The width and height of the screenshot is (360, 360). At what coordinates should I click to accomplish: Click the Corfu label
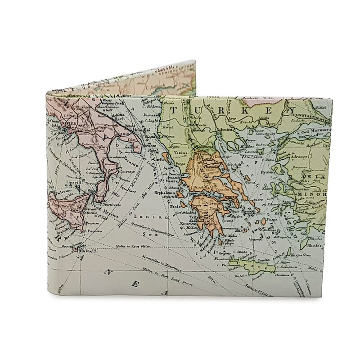(158, 159)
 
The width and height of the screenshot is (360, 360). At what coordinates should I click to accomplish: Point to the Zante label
(175, 206)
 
